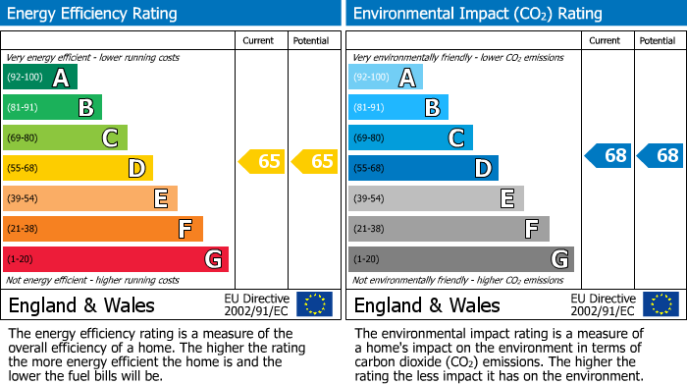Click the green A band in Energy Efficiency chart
tap(39, 78)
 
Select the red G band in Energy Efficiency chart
tap(115, 259)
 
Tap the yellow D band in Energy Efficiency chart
tap(78, 169)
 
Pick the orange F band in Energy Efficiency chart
tap(102, 229)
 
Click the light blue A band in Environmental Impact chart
tap(386, 78)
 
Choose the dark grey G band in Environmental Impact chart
tap(460, 259)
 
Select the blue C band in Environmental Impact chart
tap(410, 138)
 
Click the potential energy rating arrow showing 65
tap(315, 161)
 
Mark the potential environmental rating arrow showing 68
tap(661, 155)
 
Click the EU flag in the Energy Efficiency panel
tap(314, 303)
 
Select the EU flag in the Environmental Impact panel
tap(660, 303)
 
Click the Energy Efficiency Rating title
tap(93, 14)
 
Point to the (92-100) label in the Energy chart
tap(25, 78)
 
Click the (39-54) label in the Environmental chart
tap(370, 199)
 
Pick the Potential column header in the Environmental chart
tap(658, 40)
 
